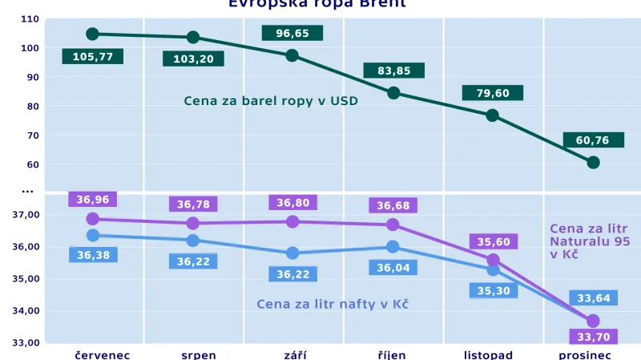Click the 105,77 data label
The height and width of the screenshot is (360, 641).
tap(92, 57)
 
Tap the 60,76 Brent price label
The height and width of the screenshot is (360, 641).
tap(592, 140)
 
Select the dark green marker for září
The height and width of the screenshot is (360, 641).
tap(292, 55)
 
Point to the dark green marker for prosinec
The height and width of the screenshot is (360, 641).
tap(593, 163)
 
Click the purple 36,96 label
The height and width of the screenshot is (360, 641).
tap(92, 200)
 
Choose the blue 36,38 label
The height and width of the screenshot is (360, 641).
tap(92, 255)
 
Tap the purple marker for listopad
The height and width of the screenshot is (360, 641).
tap(493, 260)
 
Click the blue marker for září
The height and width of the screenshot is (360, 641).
tap(292, 253)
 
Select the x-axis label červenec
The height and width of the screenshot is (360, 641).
tap(102, 354)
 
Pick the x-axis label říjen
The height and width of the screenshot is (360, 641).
tap(393, 354)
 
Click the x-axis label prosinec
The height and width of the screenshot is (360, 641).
tap(585, 354)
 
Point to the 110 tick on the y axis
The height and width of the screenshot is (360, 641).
tap(30, 18)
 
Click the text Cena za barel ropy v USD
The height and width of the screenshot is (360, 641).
tap(271, 101)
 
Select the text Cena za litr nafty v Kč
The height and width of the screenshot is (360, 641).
tap(333, 304)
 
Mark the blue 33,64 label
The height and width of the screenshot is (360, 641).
tap(593, 298)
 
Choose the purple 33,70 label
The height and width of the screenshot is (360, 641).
tap(593, 336)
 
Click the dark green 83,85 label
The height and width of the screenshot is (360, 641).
tap(393, 71)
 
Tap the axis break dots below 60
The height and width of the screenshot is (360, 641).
tap(27, 191)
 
